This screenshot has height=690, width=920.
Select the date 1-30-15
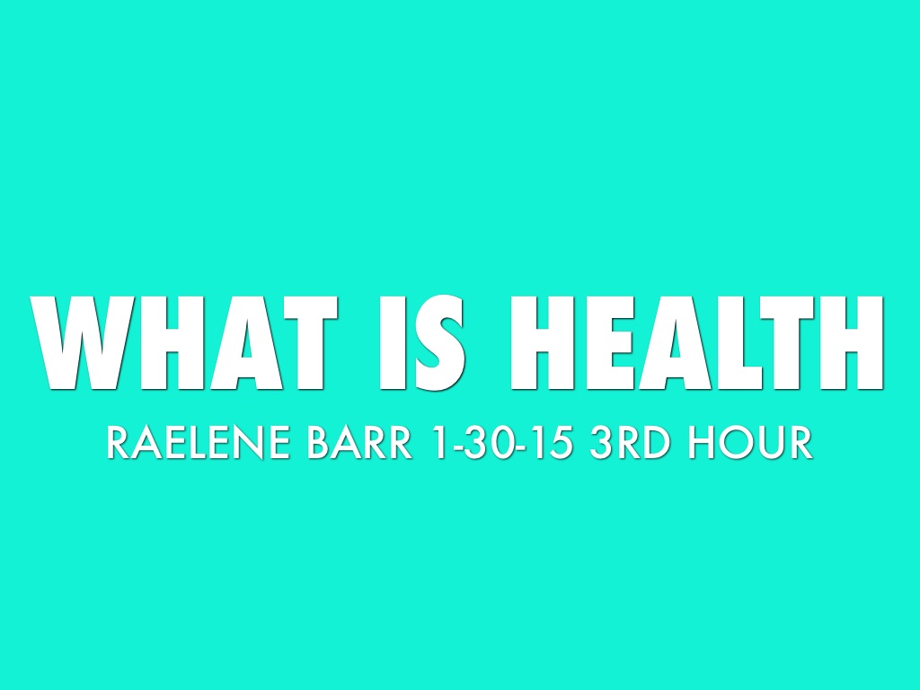pyautogui.click(x=501, y=445)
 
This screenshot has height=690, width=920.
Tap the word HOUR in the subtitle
pyautogui.click(x=751, y=445)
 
